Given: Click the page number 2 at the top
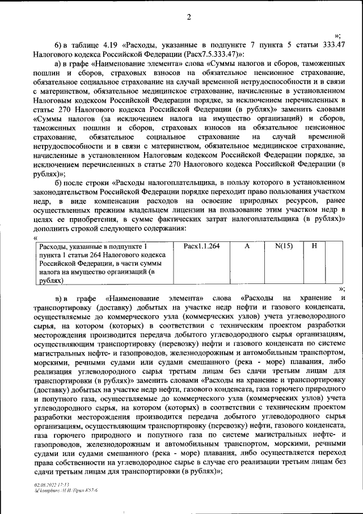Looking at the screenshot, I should (x=188, y=16).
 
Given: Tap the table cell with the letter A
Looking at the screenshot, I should (x=247, y=246).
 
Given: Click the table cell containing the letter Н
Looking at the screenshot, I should (x=314, y=246).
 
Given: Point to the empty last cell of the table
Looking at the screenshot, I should (x=334, y=262).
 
